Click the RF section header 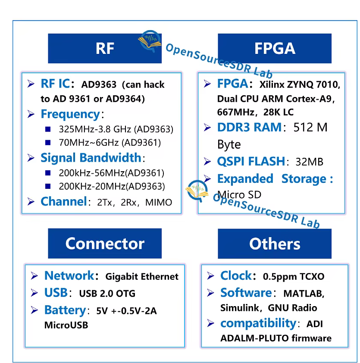pos(105,48)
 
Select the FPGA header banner pos(275,48)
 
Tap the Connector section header pos(105,244)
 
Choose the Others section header pos(275,244)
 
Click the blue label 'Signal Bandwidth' pos(91,158)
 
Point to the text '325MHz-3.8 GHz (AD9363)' pos(116,129)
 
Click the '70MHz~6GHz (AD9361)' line pos(110,143)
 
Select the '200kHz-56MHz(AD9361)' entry pos(112,173)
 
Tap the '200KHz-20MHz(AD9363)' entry pos(112,186)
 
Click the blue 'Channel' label pos(63,202)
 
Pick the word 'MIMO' pos(159,202)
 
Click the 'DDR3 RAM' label pos(249,128)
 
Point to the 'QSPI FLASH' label pos(251,162)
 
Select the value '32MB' pos(309,162)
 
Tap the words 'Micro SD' pos(239,195)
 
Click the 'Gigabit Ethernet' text pos(142,276)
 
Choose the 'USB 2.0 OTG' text pos(107,294)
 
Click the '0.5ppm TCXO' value pos(294,277)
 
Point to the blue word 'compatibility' pos(258,323)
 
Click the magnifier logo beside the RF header pos(149,41)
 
